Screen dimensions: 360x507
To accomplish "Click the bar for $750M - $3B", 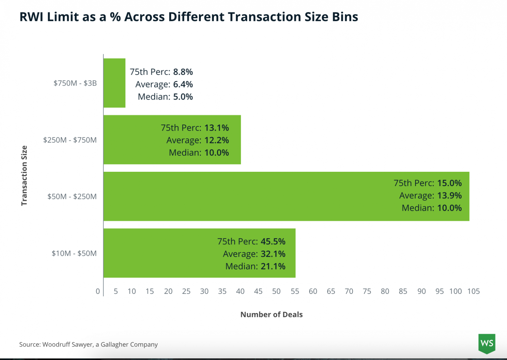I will point(114,83).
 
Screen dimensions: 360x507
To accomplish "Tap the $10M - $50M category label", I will point(74,253).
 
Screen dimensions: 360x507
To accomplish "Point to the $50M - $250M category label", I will point(72,196).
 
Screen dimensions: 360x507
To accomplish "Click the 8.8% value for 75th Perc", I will point(183,72).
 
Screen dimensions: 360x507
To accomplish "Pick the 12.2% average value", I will point(216,140).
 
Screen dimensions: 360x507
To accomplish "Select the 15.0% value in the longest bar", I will point(449,183).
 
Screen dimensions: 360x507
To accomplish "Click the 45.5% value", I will point(273,241).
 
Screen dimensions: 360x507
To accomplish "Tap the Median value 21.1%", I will point(273,266).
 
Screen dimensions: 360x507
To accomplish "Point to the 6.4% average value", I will point(183,84).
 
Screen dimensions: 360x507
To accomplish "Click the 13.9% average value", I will point(449,196).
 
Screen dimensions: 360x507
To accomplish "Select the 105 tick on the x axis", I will point(473,291).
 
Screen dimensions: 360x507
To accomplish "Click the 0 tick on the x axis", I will point(98,291).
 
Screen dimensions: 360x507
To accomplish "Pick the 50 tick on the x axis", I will point(276,291).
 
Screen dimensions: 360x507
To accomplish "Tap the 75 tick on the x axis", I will point(367,291).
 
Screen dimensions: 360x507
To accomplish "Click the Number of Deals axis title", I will point(272,314).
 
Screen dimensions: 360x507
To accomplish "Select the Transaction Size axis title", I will point(24,176).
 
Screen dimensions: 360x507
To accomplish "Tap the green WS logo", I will point(487,343).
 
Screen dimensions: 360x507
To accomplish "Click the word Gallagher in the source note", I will point(115,344).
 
